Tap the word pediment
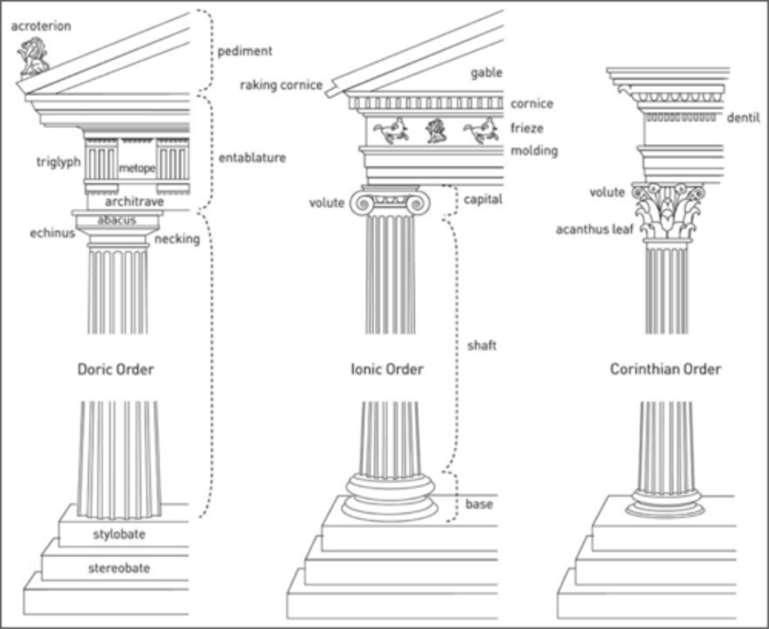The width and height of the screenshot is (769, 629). point(245,51)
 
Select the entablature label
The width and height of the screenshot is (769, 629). point(252,158)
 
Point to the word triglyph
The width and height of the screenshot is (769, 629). point(58,162)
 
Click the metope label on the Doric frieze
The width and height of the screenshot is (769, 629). point(137,168)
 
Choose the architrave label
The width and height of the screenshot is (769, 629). point(134,201)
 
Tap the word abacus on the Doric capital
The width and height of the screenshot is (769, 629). point(117,220)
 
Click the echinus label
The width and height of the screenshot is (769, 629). point(52,233)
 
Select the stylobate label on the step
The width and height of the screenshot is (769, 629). point(119,534)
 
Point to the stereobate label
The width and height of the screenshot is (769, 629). point(119,568)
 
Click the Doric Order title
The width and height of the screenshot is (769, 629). point(115,369)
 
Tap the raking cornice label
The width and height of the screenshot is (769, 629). point(281,85)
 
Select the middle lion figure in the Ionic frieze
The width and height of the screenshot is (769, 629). point(436,131)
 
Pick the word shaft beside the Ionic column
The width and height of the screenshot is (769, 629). point(482,345)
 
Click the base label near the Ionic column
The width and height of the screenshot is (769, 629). point(479,504)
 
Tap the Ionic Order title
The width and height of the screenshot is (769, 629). point(387,369)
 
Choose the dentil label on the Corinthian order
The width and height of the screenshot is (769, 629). point(743,118)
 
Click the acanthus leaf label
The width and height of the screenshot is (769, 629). point(594,230)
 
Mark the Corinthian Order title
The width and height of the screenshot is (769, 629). point(665,369)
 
